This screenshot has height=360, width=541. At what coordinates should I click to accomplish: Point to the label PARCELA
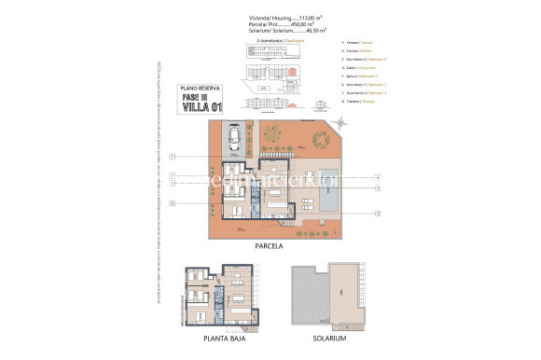270,247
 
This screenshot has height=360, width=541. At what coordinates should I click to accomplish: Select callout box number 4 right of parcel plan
376,176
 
